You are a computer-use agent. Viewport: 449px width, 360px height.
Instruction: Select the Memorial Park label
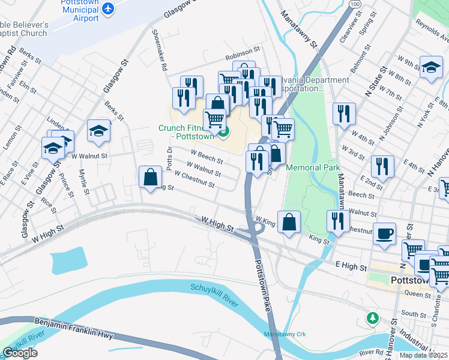[313, 167]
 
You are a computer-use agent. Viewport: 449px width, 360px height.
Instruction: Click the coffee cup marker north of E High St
[384, 233]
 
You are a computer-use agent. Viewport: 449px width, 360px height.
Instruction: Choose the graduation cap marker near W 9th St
[431, 67]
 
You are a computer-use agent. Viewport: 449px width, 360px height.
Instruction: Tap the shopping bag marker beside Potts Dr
[149, 177]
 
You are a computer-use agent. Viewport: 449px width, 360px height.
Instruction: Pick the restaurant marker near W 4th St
[344, 113]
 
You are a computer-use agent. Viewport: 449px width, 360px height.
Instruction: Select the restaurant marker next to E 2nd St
[382, 166]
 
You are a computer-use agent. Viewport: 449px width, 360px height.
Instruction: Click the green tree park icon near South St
[373, 316]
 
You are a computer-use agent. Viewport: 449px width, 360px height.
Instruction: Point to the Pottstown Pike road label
[262, 275]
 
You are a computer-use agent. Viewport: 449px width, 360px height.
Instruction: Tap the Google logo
[20, 353]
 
